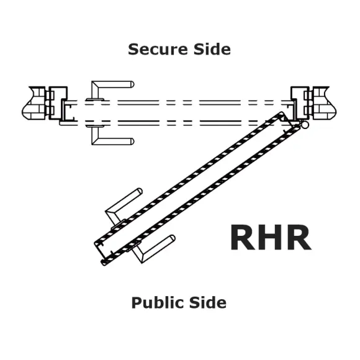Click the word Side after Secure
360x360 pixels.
coord(212,49)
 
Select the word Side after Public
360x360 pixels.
coord(208,302)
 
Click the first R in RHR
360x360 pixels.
coord(242,237)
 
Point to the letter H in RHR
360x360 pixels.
coord(271,237)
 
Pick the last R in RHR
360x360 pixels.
coord(299,237)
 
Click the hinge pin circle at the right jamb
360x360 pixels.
coord(305,125)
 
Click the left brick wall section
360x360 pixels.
coord(34,103)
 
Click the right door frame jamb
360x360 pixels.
coord(300,103)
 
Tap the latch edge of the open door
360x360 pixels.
coord(101,252)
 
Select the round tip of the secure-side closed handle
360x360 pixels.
coord(132,84)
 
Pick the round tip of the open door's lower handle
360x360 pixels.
coord(172,238)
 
